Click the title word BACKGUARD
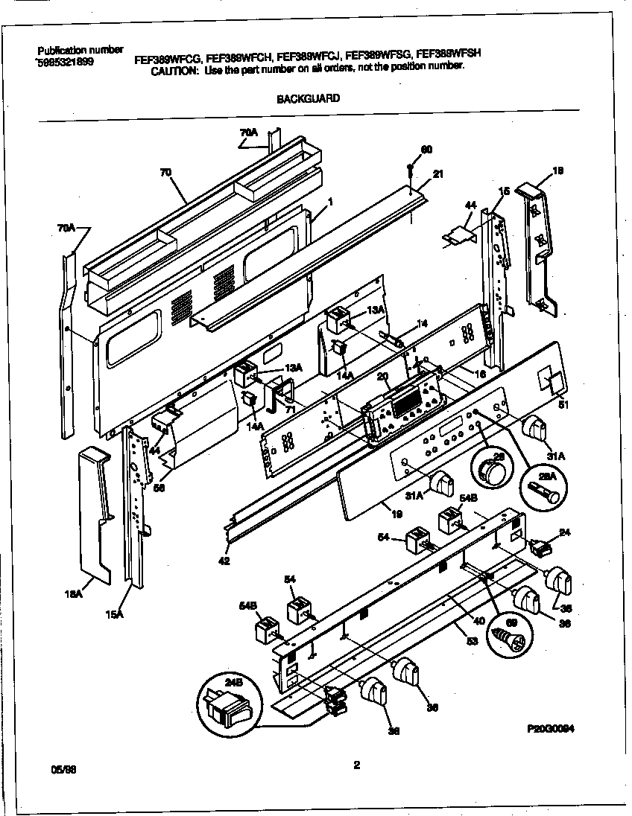[309, 98]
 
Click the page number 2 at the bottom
[356, 763]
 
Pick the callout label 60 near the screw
[426, 150]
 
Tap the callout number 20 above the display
[382, 377]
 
